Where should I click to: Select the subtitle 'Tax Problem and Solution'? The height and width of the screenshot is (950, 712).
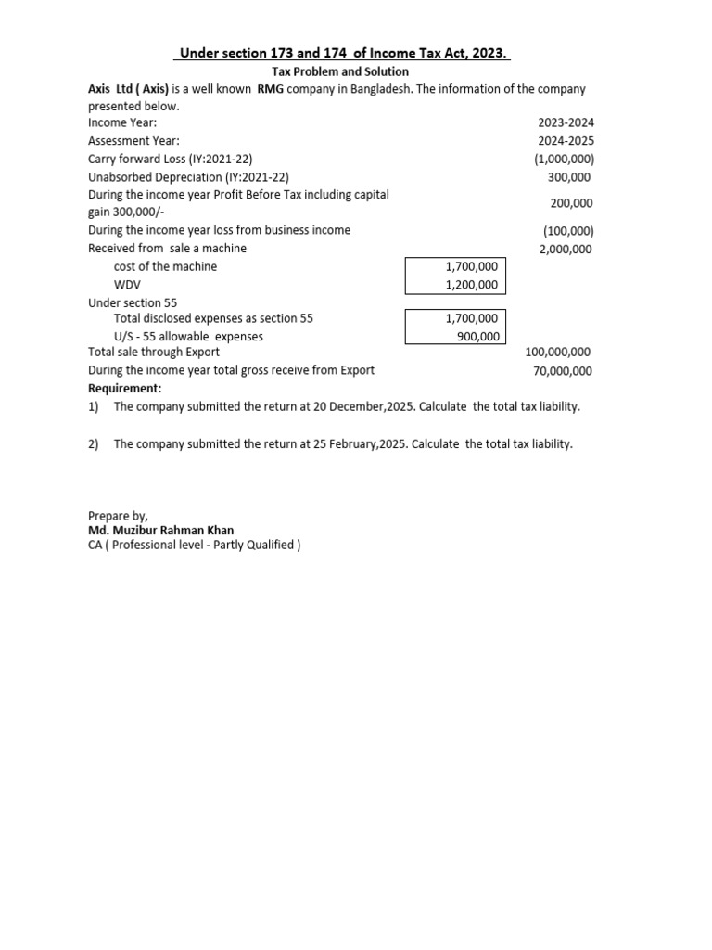tap(339, 71)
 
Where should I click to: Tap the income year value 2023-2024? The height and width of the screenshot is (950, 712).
tap(566, 122)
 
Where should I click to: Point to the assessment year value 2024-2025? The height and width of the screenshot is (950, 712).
tap(566, 141)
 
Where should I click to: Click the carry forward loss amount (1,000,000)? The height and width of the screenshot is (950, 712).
tap(564, 159)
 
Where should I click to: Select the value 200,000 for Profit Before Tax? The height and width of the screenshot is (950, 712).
tap(572, 203)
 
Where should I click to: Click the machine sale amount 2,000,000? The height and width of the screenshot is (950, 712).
tap(566, 249)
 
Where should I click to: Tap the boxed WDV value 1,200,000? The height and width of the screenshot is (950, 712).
tap(472, 285)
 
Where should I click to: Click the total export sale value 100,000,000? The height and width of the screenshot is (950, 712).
tap(558, 353)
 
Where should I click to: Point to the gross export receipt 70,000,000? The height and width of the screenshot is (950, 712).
tap(561, 371)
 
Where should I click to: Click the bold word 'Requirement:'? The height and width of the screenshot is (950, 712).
tap(124, 388)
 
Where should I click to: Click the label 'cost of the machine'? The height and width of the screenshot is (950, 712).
tap(165, 266)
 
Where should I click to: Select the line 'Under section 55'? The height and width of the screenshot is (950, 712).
tap(133, 302)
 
